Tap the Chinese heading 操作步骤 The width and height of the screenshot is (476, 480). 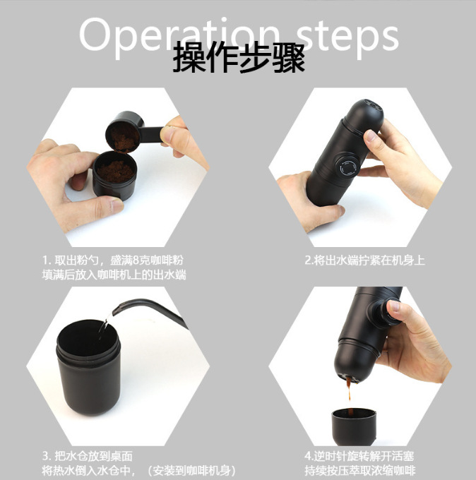tap(239, 59)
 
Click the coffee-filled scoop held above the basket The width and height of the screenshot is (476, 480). tap(125, 132)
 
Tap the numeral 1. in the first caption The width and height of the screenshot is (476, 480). tap(47, 260)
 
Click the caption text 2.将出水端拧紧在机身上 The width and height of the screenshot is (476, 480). tap(364, 260)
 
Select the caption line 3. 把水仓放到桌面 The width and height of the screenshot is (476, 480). tap(87, 457)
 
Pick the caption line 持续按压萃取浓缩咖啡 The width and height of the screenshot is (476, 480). tap(359, 471)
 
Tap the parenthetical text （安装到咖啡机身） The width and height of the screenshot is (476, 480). tap(190, 471)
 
